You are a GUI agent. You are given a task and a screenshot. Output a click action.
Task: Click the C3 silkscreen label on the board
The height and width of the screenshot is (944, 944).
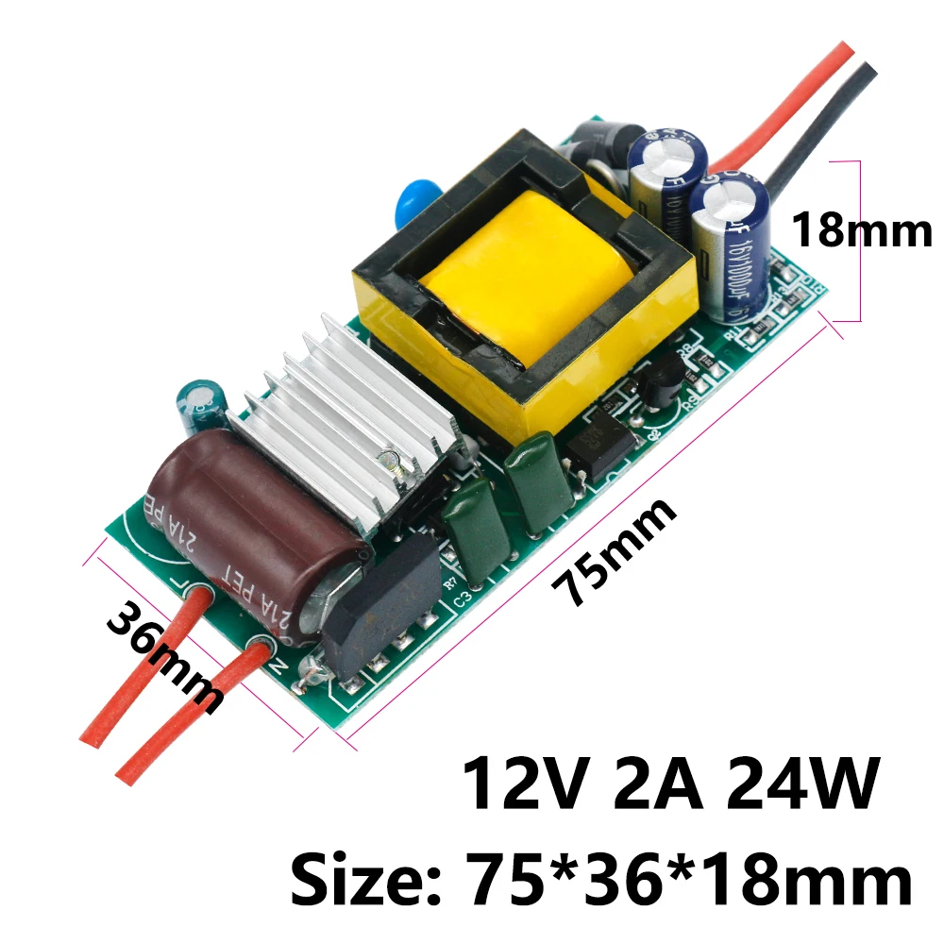pyautogui.click(x=460, y=597)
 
